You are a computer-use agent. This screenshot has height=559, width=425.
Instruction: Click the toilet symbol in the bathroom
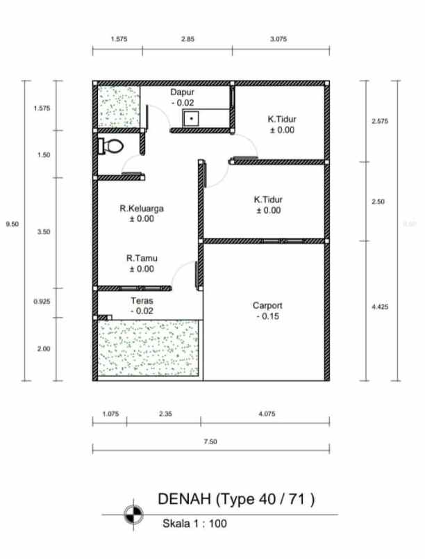(112, 146)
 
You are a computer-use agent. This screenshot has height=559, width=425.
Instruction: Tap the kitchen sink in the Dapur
(192, 119)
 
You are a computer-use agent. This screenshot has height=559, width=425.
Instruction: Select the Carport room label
(267, 305)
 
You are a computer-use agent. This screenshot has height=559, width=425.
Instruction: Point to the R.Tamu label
(142, 258)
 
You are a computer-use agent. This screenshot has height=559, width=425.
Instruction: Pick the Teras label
(142, 301)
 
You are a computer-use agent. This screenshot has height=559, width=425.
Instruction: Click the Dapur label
(183, 92)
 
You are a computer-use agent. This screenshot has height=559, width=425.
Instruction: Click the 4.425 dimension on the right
(380, 305)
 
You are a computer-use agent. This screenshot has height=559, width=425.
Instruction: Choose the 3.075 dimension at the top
(278, 40)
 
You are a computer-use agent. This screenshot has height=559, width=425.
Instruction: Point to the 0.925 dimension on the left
(42, 302)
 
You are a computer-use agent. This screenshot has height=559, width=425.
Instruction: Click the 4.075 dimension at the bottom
(266, 414)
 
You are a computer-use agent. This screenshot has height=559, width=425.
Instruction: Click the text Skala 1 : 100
(194, 524)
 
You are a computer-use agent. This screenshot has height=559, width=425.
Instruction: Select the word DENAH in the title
(184, 499)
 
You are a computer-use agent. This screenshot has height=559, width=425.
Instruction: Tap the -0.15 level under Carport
(267, 316)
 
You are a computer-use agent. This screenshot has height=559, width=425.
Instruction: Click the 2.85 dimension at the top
(187, 40)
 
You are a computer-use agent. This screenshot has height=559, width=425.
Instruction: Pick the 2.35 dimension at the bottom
(165, 414)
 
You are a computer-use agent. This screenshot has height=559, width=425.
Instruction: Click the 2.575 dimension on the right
(380, 121)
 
